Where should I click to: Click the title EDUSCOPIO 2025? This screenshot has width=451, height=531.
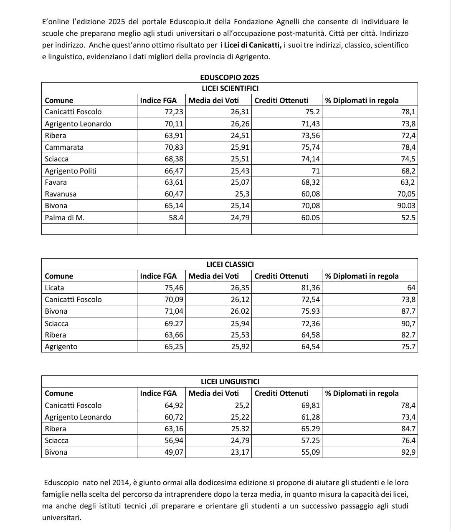(230, 77)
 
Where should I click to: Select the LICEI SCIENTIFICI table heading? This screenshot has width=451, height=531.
(230, 88)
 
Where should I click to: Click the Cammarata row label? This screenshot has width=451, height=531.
(64, 147)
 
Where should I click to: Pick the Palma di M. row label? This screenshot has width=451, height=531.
(65, 217)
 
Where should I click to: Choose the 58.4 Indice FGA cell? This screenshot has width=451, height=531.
(176, 217)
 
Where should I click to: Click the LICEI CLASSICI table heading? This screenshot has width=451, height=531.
(230, 264)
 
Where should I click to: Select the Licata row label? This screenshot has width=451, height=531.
(55, 288)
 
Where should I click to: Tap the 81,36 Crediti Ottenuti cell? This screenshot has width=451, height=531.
(311, 288)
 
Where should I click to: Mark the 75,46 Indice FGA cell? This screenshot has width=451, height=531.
(174, 288)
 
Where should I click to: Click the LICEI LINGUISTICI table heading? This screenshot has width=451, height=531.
(230, 382)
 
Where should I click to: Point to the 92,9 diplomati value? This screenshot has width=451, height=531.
(408, 452)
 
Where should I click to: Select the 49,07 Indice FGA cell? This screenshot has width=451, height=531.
(174, 452)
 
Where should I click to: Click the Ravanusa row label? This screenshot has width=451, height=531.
(61, 194)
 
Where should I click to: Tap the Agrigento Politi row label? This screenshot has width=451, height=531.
(71, 171)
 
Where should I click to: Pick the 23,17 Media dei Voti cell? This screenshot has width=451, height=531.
(240, 452)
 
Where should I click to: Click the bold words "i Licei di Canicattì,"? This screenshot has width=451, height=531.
(251, 45)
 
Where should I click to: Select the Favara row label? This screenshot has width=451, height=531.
(56, 182)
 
